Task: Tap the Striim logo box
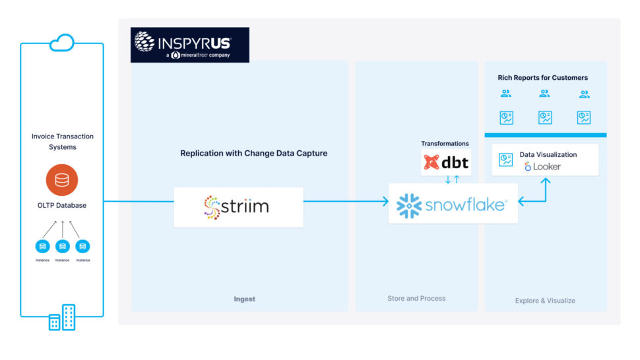(238, 207)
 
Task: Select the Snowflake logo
(453, 205)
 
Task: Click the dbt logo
(446, 162)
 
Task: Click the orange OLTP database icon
(62, 180)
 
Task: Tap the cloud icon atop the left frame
(62, 43)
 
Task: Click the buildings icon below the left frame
(62, 318)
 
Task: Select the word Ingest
(244, 299)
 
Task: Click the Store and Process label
(416, 298)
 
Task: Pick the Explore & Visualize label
(545, 301)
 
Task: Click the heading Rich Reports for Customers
(542, 78)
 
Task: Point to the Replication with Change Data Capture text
(254, 153)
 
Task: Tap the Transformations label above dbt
(445, 143)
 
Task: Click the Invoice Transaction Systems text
(63, 142)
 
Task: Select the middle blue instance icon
(63, 247)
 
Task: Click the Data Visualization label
(548, 154)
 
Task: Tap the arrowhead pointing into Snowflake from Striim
(385, 202)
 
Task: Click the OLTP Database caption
(62, 205)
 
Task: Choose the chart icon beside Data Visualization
(506, 160)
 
